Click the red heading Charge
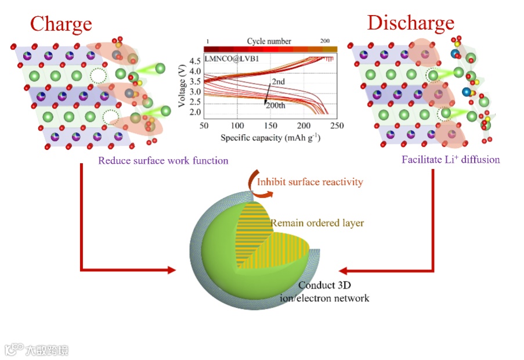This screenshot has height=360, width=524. point(61,24)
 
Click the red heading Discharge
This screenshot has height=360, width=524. point(410,23)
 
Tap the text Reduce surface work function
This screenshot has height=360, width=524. point(163,160)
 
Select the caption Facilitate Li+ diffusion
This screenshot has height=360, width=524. point(450,159)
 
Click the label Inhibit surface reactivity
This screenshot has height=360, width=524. point(310,182)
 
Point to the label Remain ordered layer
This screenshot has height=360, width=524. point(317,223)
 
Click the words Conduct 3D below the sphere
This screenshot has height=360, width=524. point(324,286)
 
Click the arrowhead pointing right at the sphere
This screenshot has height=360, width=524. point(171,270)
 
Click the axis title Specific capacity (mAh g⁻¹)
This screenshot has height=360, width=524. point(270,138)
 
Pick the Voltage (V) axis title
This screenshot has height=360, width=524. point(182,87)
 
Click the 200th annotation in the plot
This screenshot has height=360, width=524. point(276,105)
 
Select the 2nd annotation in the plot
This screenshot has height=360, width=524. point(279,82)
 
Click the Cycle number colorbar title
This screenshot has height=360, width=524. point(269,41)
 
